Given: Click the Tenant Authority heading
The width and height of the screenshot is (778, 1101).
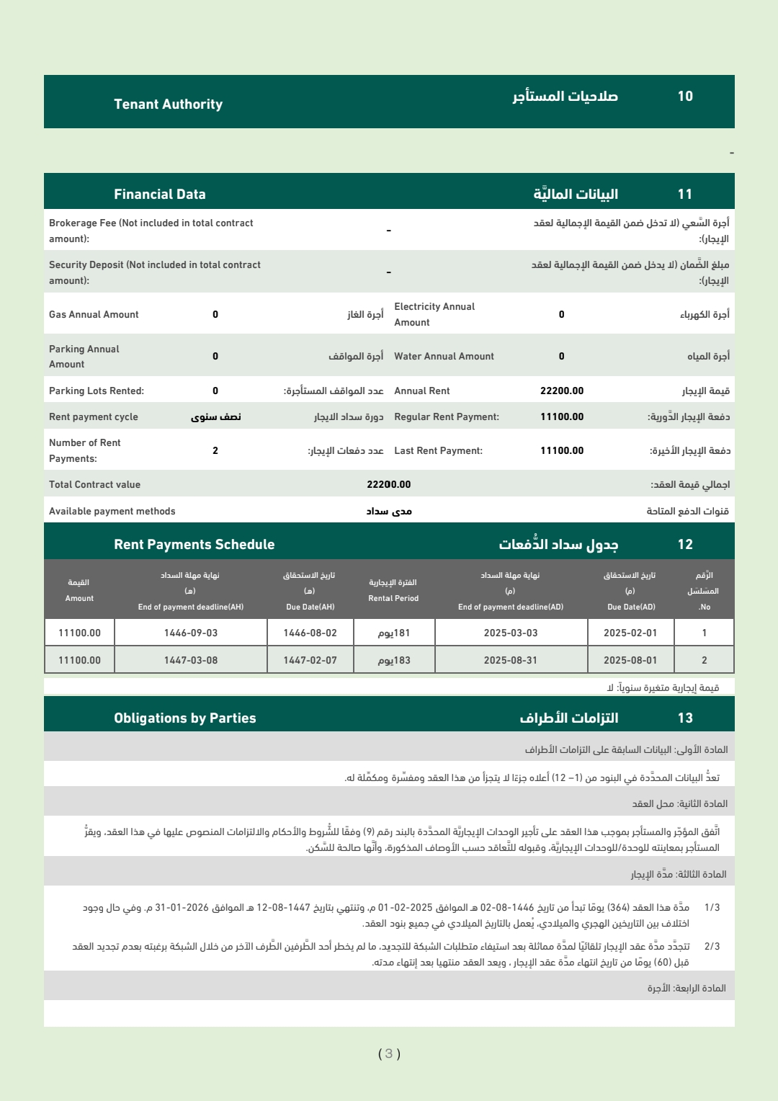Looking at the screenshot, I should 168,104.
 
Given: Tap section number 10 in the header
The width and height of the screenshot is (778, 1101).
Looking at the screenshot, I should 685,97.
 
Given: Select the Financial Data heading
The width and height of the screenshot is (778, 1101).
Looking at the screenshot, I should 160,195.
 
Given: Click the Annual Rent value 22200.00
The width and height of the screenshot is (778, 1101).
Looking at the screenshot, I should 562,391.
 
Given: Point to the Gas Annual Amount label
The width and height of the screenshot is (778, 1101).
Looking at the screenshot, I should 94,315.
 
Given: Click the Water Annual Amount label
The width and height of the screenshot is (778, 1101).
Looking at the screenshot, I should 444,357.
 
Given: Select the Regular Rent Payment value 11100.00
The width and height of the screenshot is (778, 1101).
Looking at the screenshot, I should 562,417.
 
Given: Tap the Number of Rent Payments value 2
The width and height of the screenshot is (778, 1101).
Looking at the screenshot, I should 215,451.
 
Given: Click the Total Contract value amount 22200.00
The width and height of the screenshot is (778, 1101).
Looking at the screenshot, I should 389,485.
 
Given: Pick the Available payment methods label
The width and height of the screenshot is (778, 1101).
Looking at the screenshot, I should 112,512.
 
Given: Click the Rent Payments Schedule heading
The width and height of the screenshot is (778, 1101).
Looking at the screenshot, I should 194,545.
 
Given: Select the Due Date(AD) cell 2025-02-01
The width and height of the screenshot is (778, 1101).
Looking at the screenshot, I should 630,633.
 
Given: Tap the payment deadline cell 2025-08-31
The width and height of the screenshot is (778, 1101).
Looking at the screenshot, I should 511,661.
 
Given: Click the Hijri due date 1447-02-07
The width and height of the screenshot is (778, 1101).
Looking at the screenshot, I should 310,661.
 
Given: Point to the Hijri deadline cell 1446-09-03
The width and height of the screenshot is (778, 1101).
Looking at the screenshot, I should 191,633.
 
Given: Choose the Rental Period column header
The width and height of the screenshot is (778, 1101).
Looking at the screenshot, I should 393,591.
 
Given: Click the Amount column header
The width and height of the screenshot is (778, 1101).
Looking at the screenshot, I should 79,591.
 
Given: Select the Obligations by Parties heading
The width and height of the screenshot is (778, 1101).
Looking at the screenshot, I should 185,718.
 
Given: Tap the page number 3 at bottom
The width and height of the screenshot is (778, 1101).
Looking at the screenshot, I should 389,1054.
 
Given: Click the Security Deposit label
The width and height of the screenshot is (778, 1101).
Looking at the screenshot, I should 155,273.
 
